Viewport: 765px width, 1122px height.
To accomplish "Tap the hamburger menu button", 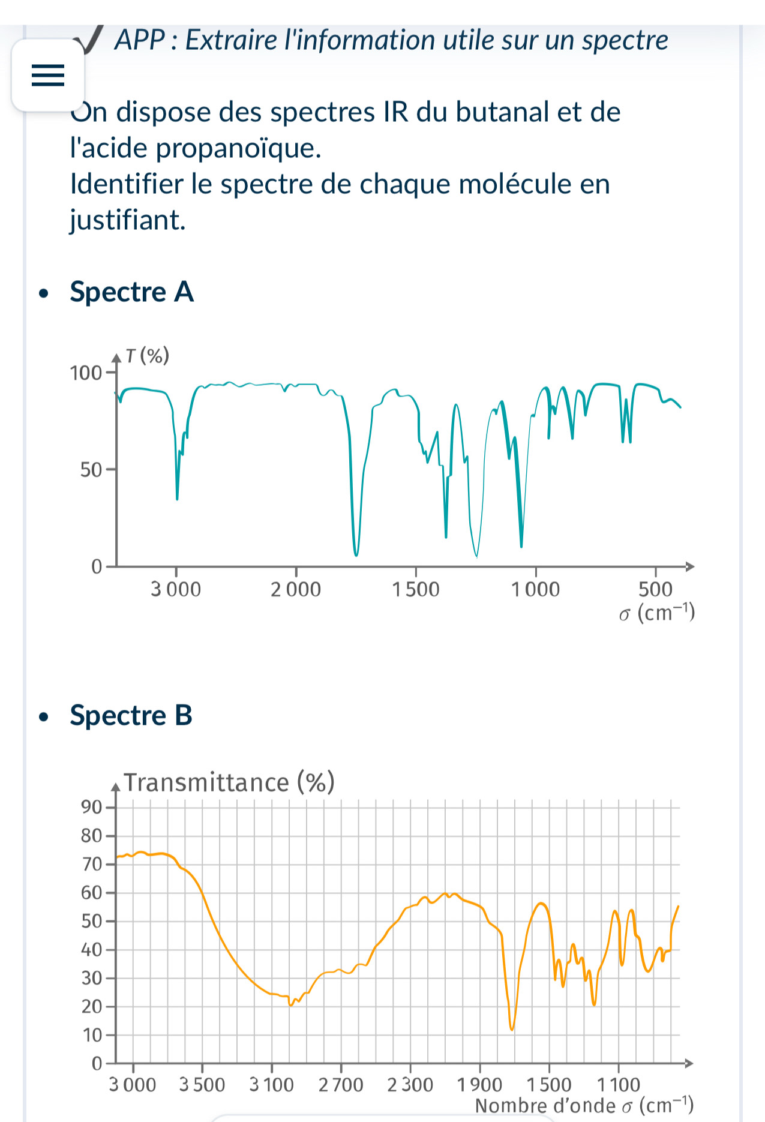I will click(48, 76).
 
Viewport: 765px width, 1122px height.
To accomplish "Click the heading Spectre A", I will click(131, 292).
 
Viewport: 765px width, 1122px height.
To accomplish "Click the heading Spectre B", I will click(131, 716).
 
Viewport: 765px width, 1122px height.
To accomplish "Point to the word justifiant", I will click(127, 220).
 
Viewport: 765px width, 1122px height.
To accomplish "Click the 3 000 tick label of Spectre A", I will click(176, 589).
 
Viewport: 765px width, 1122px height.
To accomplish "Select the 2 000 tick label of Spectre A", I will click(296, 589).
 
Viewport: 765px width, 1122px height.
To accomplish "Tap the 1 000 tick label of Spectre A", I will click(535, 589).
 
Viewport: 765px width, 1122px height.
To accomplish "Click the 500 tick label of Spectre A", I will click(655, 589).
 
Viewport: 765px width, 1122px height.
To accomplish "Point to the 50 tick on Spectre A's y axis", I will click(91, 470).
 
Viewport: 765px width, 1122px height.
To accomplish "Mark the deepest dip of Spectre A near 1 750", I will click(356, 555).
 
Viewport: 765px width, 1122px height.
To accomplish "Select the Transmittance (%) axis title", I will click(229, 783).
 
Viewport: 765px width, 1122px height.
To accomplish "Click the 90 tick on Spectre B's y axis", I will click(91, 807).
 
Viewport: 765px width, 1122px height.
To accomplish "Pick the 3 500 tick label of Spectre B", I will click(202, 1085).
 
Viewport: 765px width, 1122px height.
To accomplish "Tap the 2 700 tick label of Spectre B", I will click(341, 1085).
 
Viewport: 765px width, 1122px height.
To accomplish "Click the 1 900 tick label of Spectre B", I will click(479, 1085).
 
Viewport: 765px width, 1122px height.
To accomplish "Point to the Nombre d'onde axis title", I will click(584, 1105).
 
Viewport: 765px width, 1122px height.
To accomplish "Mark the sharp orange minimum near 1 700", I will click(512, 1030).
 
